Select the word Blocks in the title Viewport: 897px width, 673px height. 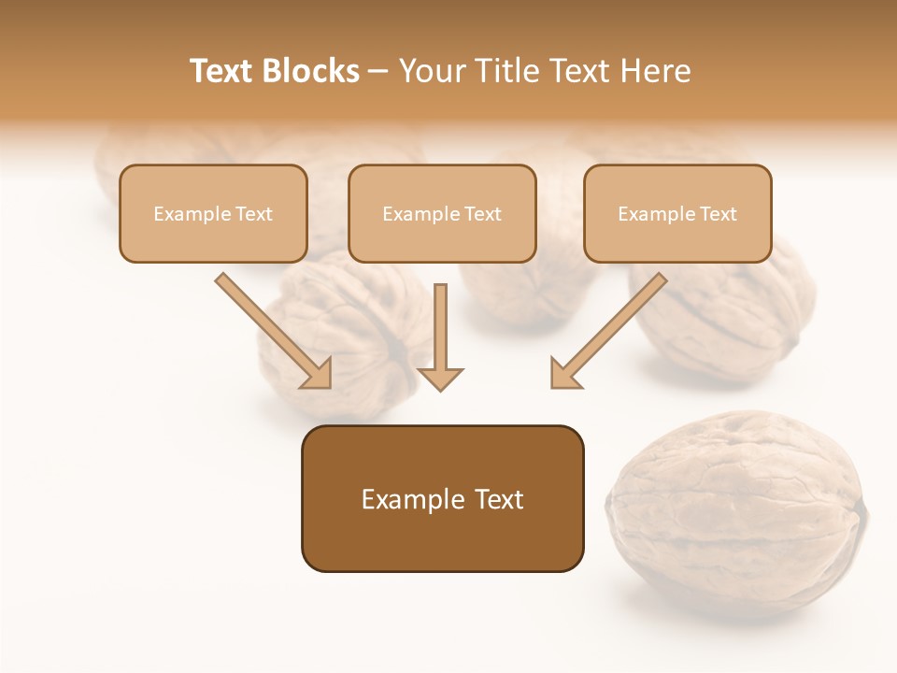(310, 71)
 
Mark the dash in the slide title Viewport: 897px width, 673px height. (378, 72)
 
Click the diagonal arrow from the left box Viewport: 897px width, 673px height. (272, 329)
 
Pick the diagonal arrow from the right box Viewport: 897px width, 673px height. (610, 329)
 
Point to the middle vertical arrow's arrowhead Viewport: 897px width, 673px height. (440, 378)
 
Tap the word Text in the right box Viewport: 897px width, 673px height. (719, 214)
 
